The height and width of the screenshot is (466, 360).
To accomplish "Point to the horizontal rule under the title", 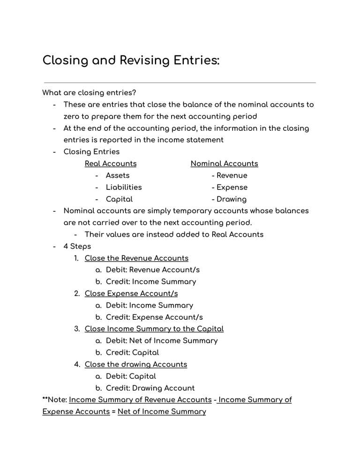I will (x=180, y=83).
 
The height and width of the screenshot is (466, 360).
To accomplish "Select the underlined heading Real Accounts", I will (x=111, y=164).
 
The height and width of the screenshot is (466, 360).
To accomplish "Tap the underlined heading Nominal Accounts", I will (x=224, y=164).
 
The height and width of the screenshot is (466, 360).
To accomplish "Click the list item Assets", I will (x=118, y=175).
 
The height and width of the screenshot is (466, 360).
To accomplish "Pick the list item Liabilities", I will (x=124, y=187).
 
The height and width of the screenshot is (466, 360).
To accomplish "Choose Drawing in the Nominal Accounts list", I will (x=231, y=199).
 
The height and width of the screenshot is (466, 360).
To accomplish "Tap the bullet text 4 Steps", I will (x=77, y=246).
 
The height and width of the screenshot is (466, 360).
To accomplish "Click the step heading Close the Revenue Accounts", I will (x=136, y=258).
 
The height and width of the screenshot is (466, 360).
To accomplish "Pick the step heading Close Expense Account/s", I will (x=131, y=293).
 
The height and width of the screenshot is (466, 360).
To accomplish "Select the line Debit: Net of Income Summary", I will (x=162, y=341).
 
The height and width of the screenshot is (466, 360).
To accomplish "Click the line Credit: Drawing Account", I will (x=150, y=388).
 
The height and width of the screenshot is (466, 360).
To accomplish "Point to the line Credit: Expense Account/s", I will (x=154, y=317).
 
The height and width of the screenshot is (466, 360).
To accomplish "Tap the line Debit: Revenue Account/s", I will (x=153, y=270).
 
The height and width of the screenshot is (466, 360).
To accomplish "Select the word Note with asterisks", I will (x=54, y=400).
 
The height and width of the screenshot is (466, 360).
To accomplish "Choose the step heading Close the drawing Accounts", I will (x=136, y=364).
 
